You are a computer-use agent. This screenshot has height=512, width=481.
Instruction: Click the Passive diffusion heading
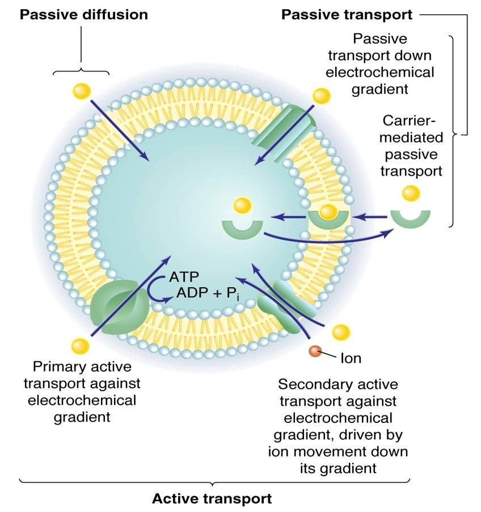[84, 15]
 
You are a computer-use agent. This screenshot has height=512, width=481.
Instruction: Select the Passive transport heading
[347, 15]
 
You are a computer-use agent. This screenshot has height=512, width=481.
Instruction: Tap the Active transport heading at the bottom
[212, 499]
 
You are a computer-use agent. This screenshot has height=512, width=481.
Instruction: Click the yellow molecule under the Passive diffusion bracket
[81, 90]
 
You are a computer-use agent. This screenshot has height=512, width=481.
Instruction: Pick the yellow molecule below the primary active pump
[81, 345]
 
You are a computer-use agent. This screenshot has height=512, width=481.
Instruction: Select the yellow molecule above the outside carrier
[410, 194]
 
